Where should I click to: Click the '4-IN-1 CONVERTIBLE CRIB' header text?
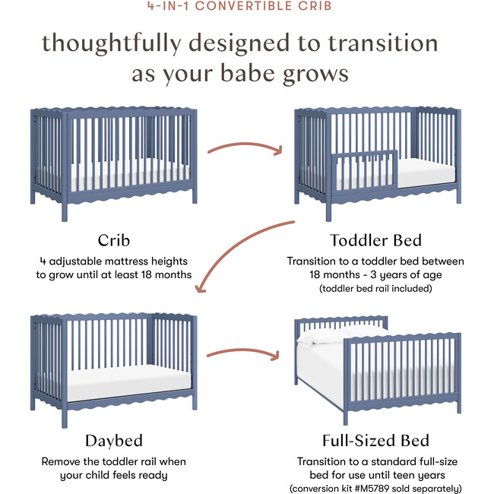point(246,8)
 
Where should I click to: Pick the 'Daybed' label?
point(113,441)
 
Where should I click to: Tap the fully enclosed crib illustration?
point(114,156)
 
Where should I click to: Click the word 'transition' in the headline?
point(400,43)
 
